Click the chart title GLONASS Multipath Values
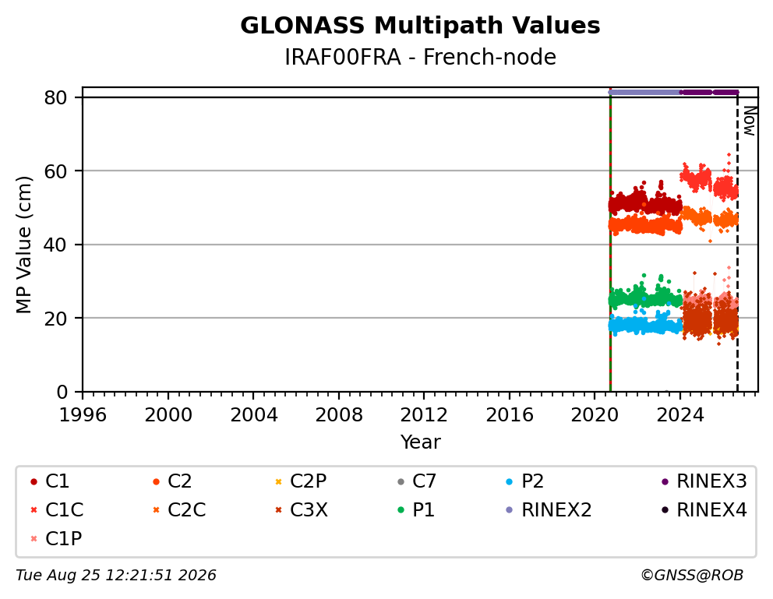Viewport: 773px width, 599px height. (x=420, y=26)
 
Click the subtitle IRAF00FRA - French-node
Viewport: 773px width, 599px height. (x=420, y=57)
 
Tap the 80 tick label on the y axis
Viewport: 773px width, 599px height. (x=55, y=97)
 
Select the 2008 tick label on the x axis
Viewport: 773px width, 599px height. (x=339, y=415)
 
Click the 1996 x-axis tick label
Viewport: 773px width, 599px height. (x=83, y=415)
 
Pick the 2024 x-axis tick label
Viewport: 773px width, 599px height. (x=679, y=415)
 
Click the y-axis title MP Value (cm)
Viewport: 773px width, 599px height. (x=23, y=245)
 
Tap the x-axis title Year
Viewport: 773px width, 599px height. (x=420, y=442)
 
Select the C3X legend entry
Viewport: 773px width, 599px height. (x=302, y=510)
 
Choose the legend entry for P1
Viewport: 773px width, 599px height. (x=417, y=510)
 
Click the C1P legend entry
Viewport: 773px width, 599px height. (x=56, y=538)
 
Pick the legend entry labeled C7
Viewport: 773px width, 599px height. (x=417, y=481)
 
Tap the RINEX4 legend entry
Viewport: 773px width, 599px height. (x=704, y=510)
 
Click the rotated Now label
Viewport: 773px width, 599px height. (x=750, y=122)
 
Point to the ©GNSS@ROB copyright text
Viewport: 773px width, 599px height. (x=692, y=575)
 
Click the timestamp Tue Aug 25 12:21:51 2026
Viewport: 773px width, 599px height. (x=116, y=575)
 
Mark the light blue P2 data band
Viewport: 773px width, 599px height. (x=645, y=326)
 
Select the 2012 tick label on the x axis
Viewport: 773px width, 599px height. (x=424, y=415)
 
